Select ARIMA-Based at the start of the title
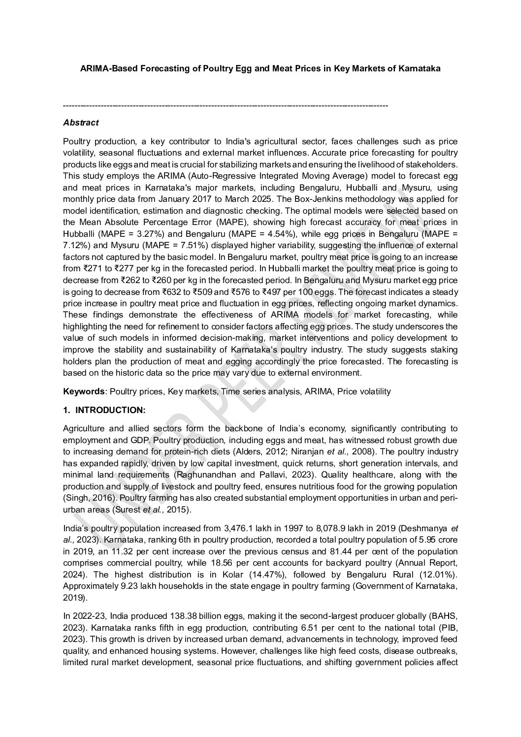pos(102,69)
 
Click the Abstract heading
pos(81,123)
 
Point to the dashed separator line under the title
pos(226,106)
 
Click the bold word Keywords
pos(84,392)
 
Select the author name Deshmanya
pos(425,529)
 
